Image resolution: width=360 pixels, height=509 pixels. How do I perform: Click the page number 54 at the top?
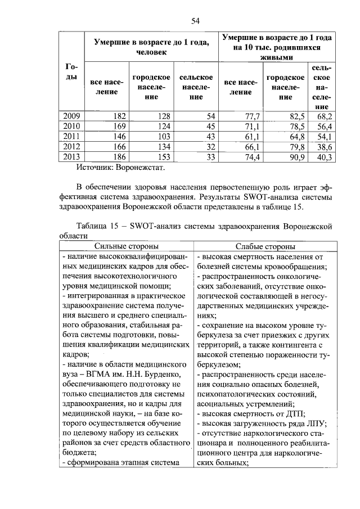196,21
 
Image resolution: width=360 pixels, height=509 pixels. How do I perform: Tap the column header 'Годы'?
71,71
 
